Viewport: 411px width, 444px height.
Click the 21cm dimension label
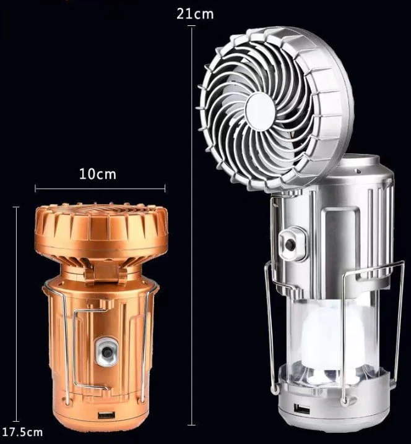point(195,13)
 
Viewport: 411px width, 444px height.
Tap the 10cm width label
point(98,174)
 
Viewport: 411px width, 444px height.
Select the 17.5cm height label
point(22,431)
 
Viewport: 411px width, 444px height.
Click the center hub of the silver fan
point(260,111)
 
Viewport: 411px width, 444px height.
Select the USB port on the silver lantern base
point(303,409)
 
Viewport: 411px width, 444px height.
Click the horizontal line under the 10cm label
point(100,188)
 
